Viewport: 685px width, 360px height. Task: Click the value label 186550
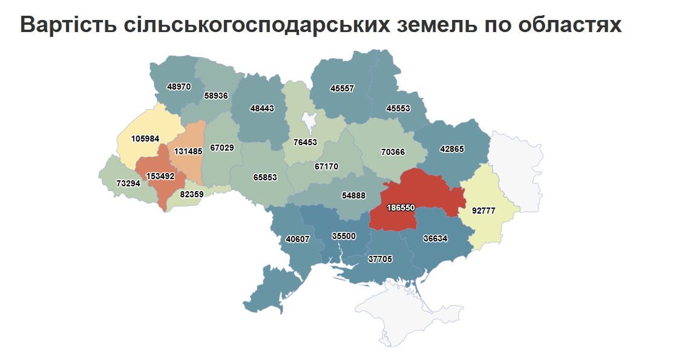pos(401,208)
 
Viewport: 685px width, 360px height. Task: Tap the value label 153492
pos(160,176)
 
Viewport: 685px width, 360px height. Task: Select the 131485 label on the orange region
pos(189,151)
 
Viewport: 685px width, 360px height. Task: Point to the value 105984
pos(145,139)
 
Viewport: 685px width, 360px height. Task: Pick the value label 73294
pos(128,183)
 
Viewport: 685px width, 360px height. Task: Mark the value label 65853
pos(265,177)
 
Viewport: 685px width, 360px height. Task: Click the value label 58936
pos(215,96)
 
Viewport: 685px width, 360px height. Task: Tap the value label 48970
pos(179,87)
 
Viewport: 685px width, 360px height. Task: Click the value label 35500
pos(344,236)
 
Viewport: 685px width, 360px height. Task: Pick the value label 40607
pos(297,239)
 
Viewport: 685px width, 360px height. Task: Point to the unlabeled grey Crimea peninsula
pos(411,309)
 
